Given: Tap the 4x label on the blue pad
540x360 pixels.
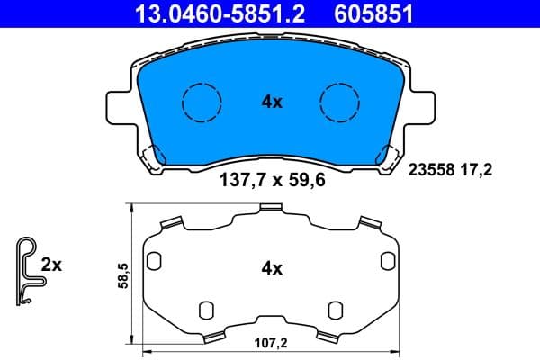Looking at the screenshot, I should (x=271, y=103).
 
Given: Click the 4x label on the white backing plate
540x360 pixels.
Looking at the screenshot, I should (x=271, y=268).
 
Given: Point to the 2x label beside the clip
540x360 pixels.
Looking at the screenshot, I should (x=51, y=265).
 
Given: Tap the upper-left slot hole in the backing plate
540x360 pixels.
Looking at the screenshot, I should (x=153, y=261).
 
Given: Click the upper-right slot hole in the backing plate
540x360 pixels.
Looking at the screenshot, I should (x=387, y=261).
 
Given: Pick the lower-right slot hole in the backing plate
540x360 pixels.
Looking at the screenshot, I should (x=334, y=310).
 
